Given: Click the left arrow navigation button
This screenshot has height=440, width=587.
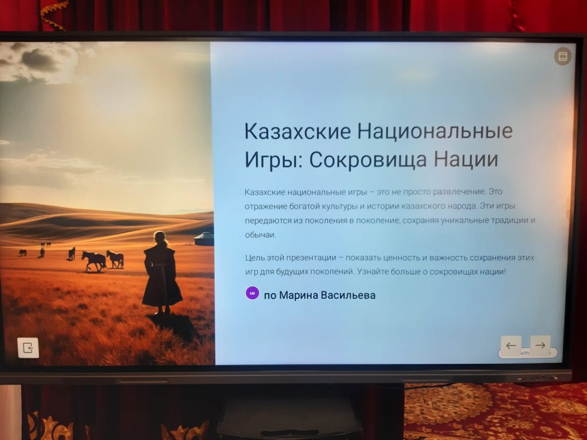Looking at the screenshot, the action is coord(511,345).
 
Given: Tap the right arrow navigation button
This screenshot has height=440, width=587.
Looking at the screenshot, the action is coord(540,345).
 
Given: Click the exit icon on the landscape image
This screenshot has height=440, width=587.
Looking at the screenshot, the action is coord(28,348).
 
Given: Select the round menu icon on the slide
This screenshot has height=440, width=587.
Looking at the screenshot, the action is coord(563,56).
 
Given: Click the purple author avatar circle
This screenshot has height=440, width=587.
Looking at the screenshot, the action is coord(252,293).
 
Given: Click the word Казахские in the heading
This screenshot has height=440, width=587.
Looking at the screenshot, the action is coord(298,131).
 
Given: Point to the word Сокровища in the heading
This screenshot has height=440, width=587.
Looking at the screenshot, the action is coord(367,159).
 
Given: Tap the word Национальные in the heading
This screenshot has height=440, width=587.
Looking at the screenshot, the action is coord(435,131).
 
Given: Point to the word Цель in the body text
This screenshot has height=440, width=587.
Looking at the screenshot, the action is coord(254,258).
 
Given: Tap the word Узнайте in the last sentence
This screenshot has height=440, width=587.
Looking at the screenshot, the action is coord(372,272).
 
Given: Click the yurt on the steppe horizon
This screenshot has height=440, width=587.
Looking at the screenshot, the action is coord(204,239).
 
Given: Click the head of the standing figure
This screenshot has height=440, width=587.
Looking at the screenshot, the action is coord(161,238).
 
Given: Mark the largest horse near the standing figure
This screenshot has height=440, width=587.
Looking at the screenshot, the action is coord(94,261).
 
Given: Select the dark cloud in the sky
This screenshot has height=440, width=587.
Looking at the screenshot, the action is coord(40,60).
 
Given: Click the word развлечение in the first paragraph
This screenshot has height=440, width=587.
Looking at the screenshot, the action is coord(459,192).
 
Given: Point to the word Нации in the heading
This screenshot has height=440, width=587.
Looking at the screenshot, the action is coord(466,159).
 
